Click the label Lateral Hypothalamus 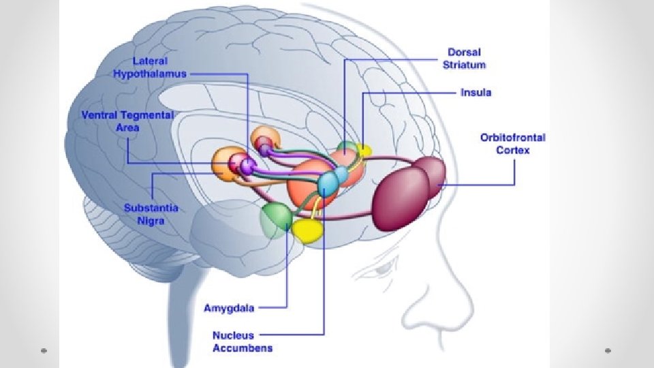[x=149, y=67]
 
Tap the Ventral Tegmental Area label [x=128, y=121]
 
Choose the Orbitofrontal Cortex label [x=512, y=143]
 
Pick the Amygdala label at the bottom [x=229, y=308]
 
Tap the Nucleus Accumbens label [x=243, y=341]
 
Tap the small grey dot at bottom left [x=43, y=350]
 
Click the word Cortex [x=512, y=150]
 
